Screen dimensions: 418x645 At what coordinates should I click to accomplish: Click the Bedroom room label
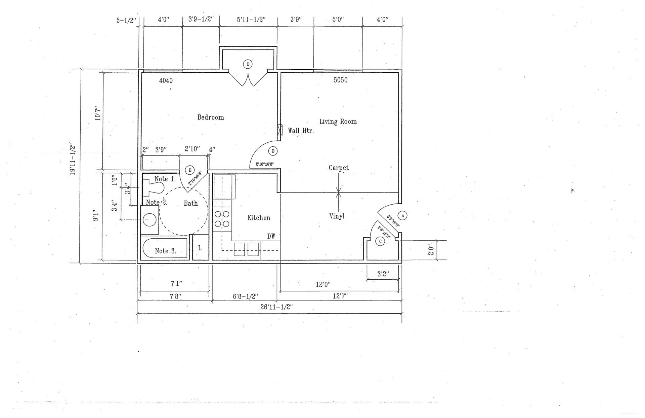click(x=210, y=117)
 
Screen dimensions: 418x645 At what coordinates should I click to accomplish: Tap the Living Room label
click(x=338, y=121)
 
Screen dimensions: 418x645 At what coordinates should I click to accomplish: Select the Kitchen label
click(x=259, y=218)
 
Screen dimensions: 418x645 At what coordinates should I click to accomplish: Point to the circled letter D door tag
click(x=248, y=64)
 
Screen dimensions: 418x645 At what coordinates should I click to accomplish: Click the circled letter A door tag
click(x=402, y=215)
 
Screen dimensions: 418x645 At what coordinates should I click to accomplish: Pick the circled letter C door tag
click(x=380, y=242)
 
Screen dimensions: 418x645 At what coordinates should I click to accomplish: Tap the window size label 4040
click(x=166, y=81)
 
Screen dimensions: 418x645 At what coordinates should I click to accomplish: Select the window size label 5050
click(x=340, y=80)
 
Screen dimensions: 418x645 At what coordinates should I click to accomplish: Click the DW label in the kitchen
click(x=271, y=237)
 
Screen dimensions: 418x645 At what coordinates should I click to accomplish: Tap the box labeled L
click(x=200, y=248)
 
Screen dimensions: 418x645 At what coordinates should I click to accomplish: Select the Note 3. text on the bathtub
click(x=165, y=251)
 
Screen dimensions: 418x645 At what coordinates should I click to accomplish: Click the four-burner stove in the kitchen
click(x=222, y=219)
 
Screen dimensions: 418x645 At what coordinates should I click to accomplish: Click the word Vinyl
click(x=337, y=216)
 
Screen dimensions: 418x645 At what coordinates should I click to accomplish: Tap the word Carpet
click(x=338, y=168)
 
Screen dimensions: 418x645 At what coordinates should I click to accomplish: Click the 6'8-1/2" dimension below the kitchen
click(x=245, y=297)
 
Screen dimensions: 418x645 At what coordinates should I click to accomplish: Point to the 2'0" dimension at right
click(x=432, y=250)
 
